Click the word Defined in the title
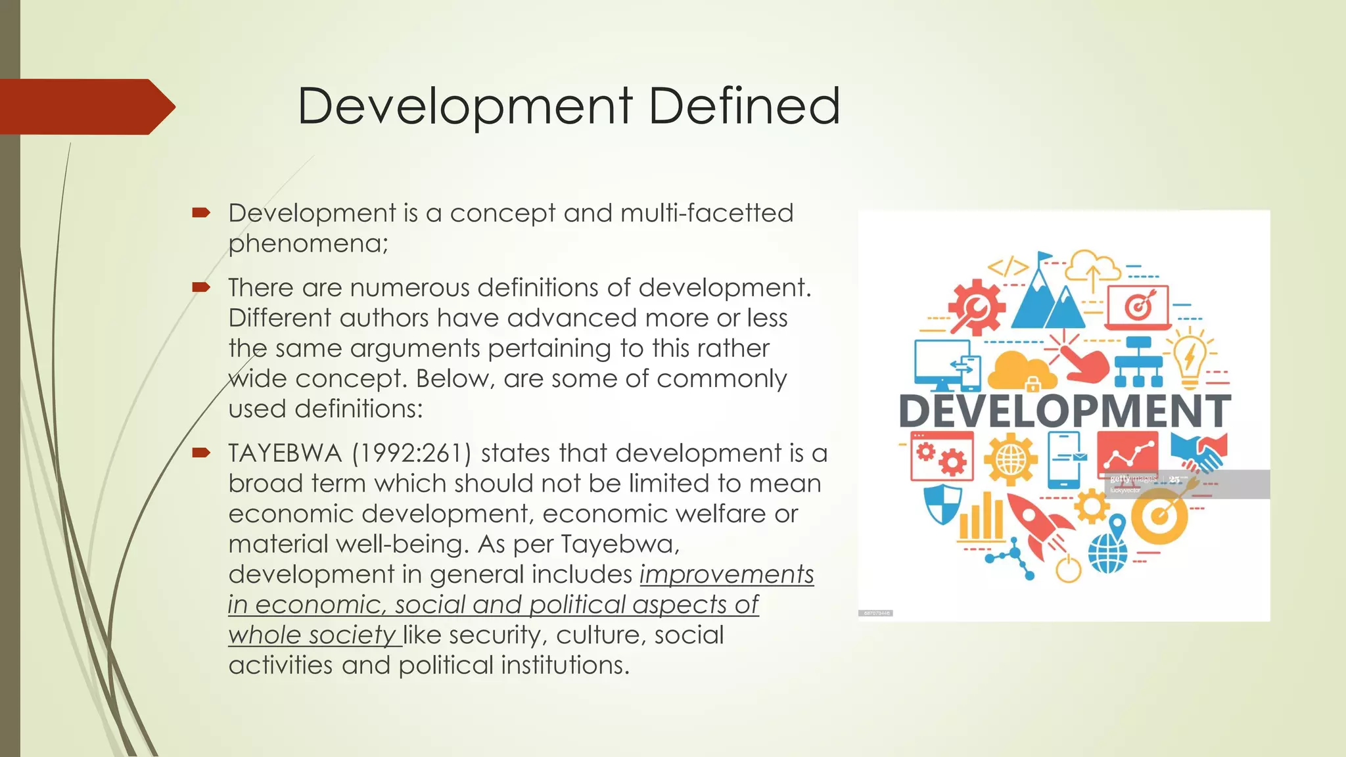pos(744,106)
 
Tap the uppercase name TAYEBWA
pos(285,453)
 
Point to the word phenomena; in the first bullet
pos(308,244)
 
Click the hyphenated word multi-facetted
pos(707,213)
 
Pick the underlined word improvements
pos(727,574)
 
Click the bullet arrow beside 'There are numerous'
pos(201,287)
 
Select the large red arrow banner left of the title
pos(85,106)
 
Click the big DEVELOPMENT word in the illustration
pos(1065,411)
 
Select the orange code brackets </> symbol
pos(1008,267)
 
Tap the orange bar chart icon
pos(981,520)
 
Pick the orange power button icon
pos(1069,568)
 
